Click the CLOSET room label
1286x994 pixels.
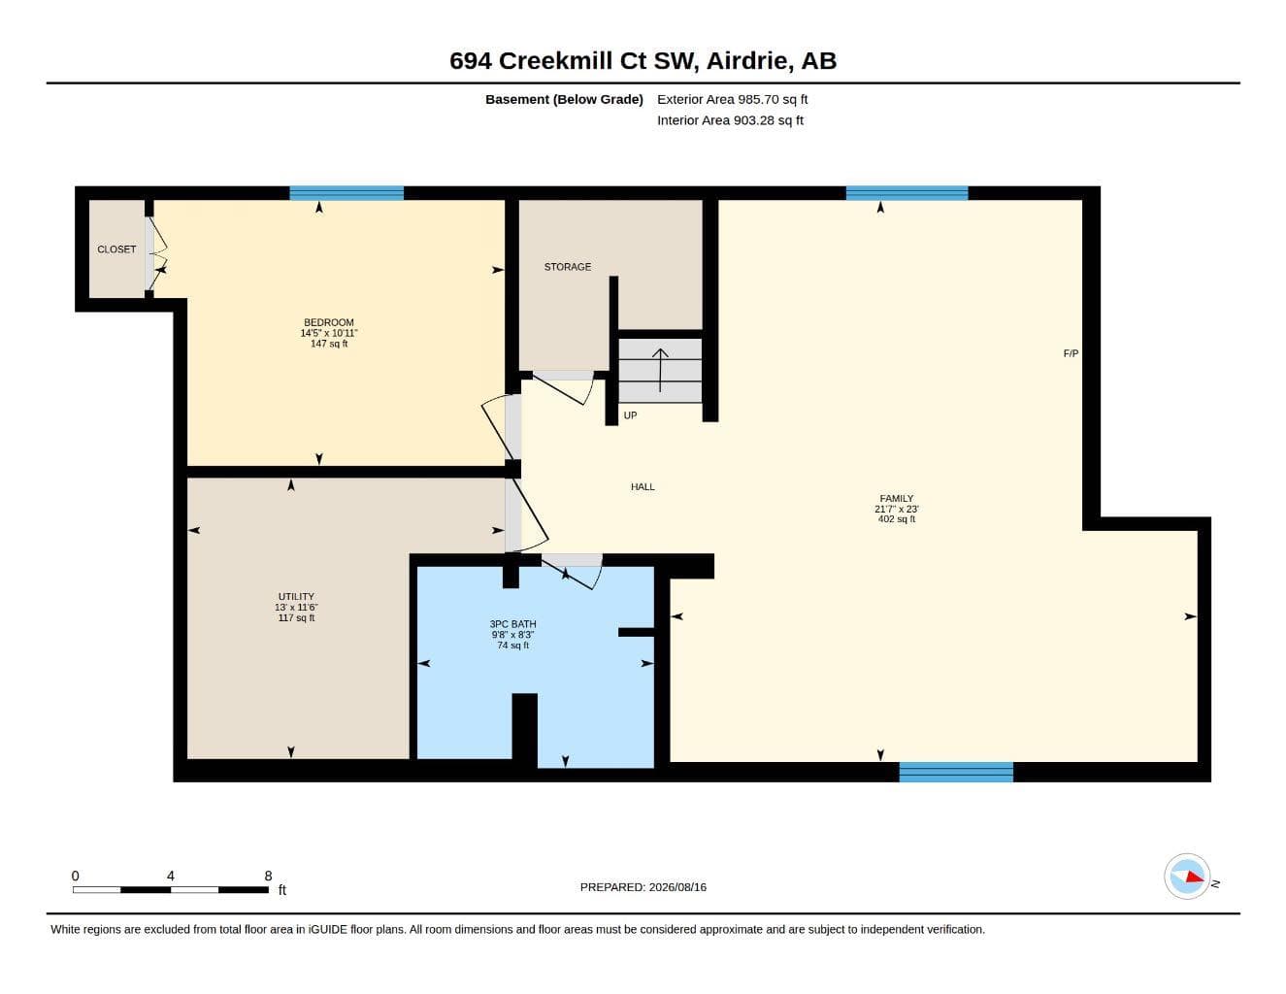tap(116, 249)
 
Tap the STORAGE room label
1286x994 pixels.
tap(568, 267)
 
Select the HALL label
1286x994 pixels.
tap(643, 487)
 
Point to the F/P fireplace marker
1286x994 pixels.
tap(1071, 353)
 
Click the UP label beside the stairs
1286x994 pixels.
tap(630, 415)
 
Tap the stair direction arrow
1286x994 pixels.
tap(660, 370)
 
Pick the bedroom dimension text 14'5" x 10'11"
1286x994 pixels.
tap(329, 333)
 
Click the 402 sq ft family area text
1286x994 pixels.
tap(897, 519)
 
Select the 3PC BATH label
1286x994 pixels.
tap(512, 624)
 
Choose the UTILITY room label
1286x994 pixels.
tap(296, 596)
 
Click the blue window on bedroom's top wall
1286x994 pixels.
tap(346, 193)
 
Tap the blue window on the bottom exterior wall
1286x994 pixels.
tap(956, 772)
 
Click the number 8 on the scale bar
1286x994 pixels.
tap(268, 876)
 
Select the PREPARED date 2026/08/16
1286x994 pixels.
tap(677, 887)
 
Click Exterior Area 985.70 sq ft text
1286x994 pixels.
tap(732, 99)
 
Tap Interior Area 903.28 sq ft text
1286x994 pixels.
tap(730, 120)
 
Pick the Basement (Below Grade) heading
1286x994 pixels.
tap(564, 99)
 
